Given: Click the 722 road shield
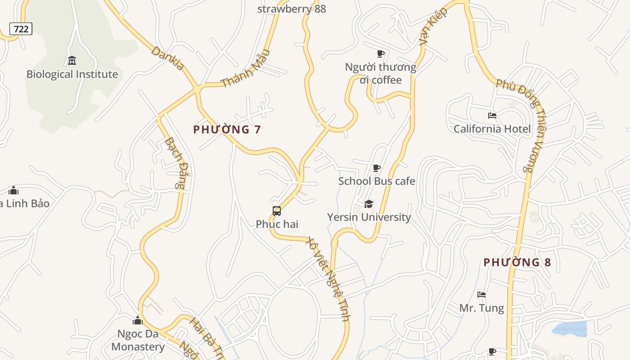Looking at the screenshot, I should (x=21, y=29).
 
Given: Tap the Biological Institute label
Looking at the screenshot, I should (x=72, y=74).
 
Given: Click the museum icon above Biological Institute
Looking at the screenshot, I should (x=72, y=60).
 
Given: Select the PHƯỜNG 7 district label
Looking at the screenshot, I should (x=227, y=130).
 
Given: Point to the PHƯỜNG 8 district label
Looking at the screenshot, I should (x=517, y=262).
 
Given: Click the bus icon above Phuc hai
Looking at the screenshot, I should (x=277, y=211).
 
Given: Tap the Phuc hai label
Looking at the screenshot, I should (x=277, y=224).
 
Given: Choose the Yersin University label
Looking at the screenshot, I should (x=369, y=217).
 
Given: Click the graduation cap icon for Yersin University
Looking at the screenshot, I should (x=369, y=204).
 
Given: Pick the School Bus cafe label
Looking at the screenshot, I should (x=377, y=181).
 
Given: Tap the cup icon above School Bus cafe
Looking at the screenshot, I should (x=377, y=168).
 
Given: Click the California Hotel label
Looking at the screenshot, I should (x=492, y=129).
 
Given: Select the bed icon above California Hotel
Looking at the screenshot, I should (x=492, y=116).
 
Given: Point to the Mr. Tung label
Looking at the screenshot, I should (x=481, y=308).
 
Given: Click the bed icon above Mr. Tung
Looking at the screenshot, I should (x=481, y=295).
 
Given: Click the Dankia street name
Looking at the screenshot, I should (x=168, y=58).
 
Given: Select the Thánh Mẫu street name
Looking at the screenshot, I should (x=246, y=68).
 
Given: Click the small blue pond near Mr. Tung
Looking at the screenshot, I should (x=570, y=329).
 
